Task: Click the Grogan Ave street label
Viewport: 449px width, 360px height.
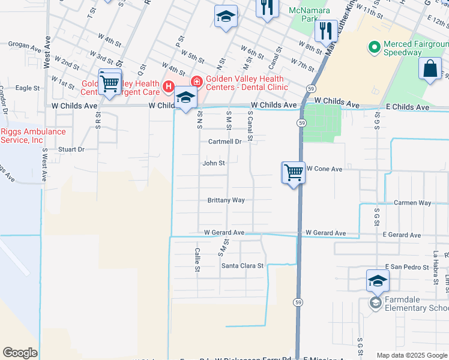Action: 25,44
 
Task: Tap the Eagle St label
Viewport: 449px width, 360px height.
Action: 28,88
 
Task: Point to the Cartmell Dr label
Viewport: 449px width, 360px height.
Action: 224,142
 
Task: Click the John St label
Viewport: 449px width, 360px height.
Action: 214,163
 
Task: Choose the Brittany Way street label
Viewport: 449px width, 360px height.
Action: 226,200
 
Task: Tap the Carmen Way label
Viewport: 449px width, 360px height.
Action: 412,203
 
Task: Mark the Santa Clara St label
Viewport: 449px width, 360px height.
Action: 243,266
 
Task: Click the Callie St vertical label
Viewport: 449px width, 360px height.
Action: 197,259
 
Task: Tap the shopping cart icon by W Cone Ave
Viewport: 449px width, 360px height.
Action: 294,173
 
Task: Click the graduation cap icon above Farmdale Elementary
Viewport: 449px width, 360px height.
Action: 378,281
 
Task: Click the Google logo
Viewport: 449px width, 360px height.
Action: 20,353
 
